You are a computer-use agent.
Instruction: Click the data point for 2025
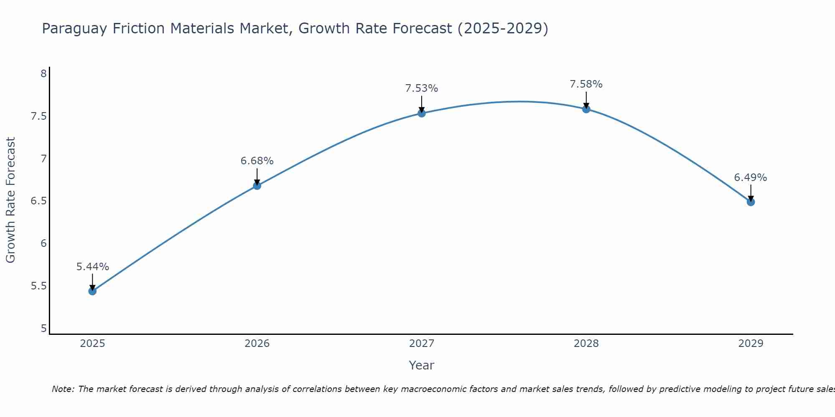click(93, 291)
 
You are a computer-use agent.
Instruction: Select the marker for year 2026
click(257, 186)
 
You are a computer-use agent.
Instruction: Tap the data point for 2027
click(422, 113)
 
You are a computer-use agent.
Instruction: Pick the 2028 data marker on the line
click(586, 109)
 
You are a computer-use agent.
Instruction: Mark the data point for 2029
click(751, 202)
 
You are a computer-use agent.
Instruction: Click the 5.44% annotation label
click(93, 267)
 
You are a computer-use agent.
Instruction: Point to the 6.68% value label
click(257, 161)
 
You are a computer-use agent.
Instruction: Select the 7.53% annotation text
click(422, 88)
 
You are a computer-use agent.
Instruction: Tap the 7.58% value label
click(586, 84)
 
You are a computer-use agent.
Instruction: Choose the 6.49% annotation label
click(751, 178)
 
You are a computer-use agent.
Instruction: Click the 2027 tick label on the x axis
click(422, 344)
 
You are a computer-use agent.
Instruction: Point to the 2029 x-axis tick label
click(751, 344)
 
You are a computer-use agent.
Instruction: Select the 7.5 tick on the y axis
click(38, 116)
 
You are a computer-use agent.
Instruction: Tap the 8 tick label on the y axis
click(43, 74)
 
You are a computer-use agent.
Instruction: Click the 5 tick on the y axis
click(43, 329)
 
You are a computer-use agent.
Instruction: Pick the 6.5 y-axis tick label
click(38, 201)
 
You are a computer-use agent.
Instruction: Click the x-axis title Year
click(422, 365)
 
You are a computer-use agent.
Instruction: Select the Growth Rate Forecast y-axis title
click(11, 200)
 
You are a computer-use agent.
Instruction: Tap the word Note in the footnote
click(63, 389)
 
